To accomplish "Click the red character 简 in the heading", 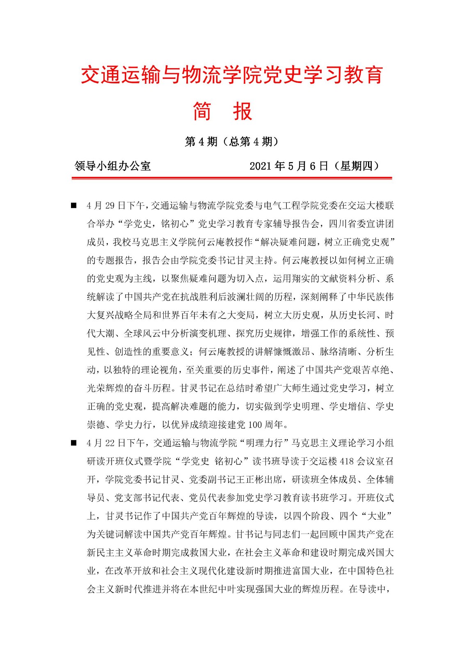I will point(202,111).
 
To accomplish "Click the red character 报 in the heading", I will point(242,111).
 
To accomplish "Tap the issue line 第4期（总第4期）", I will point(232,142).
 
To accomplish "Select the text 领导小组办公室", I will point(113,166).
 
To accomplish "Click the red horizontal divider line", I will point(232,178).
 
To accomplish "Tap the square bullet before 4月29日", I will point(74,205).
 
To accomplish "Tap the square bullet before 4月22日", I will point(74,443).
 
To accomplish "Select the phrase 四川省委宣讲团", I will point(361,224).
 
